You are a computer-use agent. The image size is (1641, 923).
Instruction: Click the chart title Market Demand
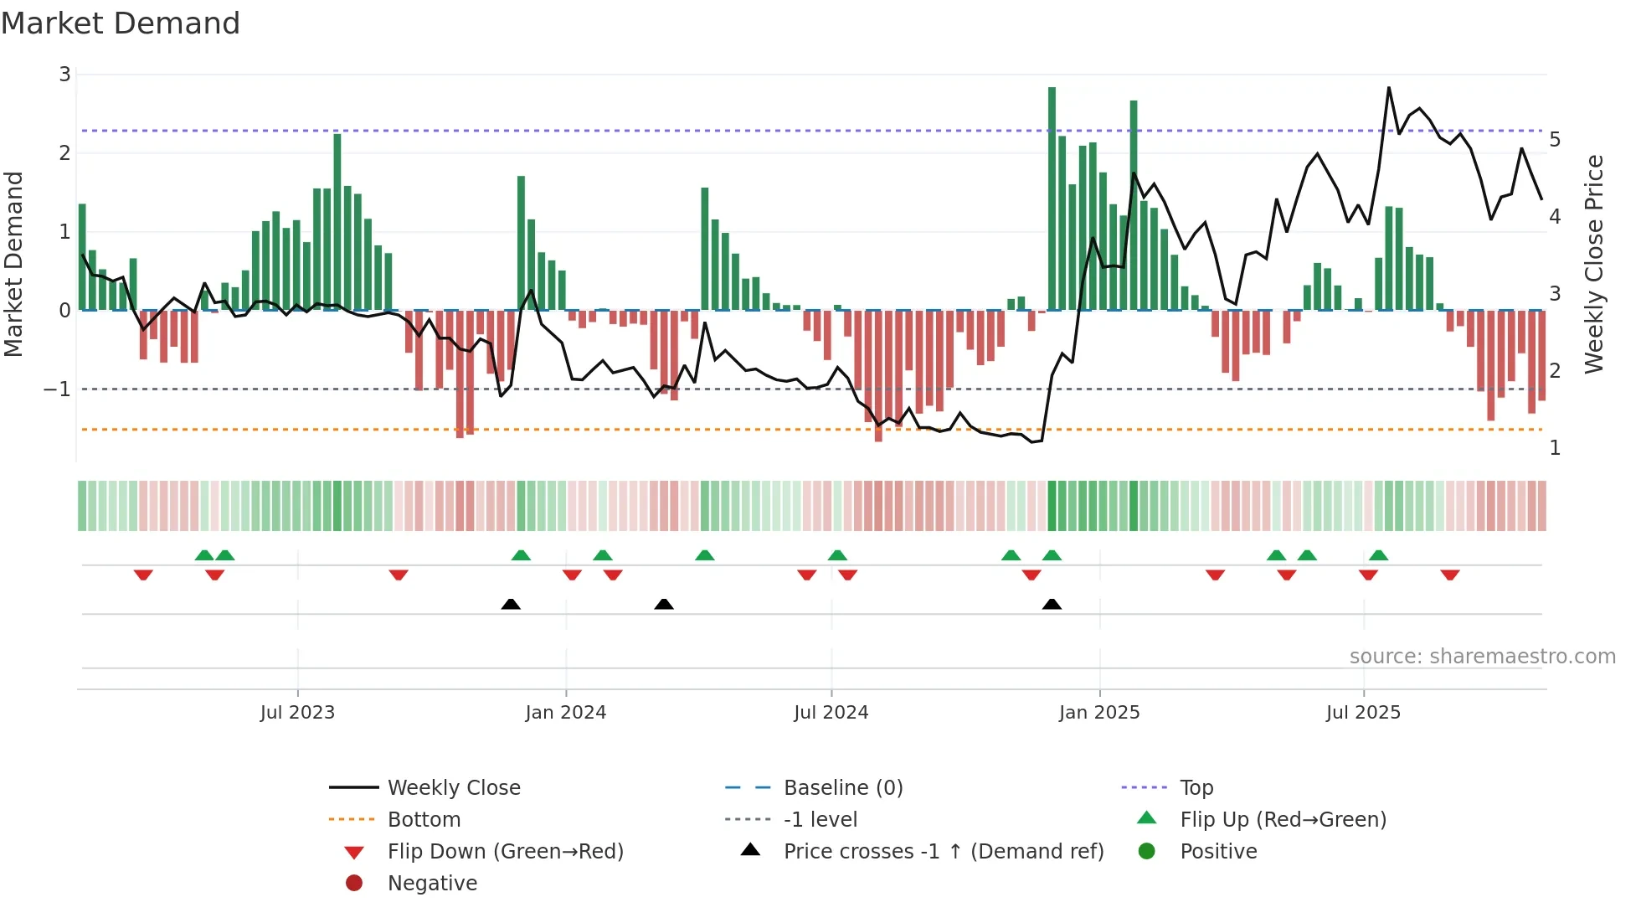click(121, 23)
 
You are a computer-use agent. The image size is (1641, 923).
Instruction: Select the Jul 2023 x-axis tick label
click(297, 713)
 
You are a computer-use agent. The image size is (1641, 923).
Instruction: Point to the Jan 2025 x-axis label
click(1098, 713)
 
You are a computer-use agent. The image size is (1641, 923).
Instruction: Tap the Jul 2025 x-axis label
click(1363, 713)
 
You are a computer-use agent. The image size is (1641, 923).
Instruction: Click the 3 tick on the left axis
click(64, 75)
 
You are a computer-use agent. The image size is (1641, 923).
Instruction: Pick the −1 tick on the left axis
click(57, 389)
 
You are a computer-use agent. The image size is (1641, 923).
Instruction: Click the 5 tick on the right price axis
click(1555, 140)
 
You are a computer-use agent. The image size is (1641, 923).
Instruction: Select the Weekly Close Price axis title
click(1594, 264)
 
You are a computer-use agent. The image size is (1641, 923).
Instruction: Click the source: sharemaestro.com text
click(1482, 657)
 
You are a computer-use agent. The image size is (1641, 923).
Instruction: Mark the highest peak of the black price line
click(1389, 88)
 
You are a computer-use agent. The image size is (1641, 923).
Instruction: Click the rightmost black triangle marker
click(1052, 604)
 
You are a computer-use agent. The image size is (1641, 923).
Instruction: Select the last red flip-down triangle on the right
click(1450, 575)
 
